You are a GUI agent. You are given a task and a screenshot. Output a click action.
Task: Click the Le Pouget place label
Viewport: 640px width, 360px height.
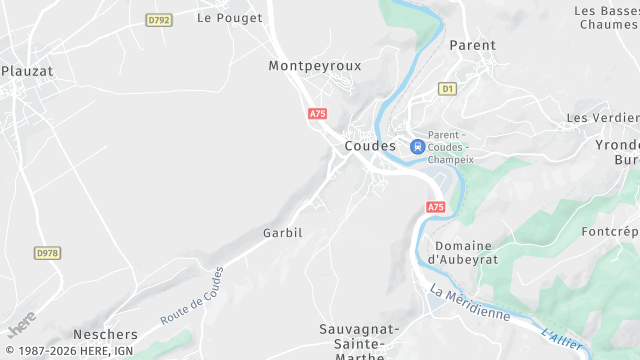click(x=229, y=18)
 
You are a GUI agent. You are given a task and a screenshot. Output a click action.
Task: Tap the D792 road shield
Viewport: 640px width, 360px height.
click(x=158, y=20)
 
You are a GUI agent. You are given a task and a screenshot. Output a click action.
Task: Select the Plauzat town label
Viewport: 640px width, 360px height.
click(x=27, y=71)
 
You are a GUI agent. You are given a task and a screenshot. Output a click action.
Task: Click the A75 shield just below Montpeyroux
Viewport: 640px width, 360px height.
click(x=318, y=114)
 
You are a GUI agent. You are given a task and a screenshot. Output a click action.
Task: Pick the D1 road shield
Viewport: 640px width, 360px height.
click(x=447, y=89)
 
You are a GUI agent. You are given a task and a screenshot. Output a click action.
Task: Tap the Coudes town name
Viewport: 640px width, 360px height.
click(x=370, y=146)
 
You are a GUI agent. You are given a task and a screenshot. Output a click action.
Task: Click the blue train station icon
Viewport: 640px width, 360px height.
click(x=417, y=146)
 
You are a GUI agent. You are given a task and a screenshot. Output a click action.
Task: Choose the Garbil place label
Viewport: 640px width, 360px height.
click(x=282, y=233)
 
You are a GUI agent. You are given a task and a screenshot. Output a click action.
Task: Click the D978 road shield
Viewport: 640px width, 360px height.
click(x=46, y=254)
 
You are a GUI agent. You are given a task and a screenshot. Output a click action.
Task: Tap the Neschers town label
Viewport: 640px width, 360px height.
click(x=105, y=334)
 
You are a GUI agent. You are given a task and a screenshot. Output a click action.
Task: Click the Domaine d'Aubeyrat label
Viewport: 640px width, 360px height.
click(x=463, y=253)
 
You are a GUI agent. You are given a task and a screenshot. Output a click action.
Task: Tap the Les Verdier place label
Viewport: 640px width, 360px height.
click(x=602, y=118)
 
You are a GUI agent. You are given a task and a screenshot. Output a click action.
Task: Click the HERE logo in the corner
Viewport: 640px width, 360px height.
click(x=21, y=323)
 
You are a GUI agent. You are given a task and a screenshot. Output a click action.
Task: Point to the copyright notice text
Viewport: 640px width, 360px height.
click(x=68, y=351)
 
